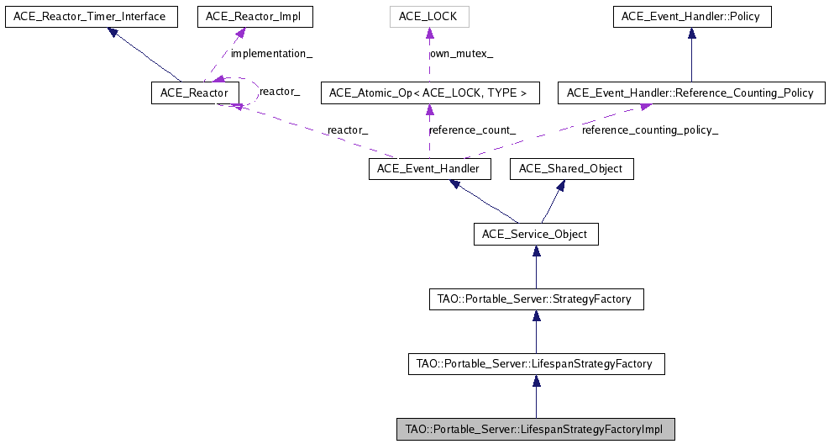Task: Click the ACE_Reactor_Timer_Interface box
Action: point(92,16)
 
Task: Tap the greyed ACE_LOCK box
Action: point(429,16)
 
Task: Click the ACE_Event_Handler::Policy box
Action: point(691,16)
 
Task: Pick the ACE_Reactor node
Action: point(189,92)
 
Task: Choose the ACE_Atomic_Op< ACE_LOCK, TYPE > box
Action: point(429,92)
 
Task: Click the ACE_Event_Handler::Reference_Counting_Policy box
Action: point(691,92)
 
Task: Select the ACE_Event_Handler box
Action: point(428,169)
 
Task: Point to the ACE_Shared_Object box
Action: point(571,169)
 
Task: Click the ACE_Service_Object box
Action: point(536,234)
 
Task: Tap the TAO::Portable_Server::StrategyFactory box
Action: point(536,299)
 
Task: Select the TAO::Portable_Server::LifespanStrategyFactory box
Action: point(536,364)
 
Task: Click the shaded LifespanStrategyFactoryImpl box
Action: point(536,430)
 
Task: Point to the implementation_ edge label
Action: point(271,54)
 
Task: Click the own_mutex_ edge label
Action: point(461,54)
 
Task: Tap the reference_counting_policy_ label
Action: point(650,130)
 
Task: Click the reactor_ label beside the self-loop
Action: point(280,91)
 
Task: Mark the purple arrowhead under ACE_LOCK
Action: point(429,34)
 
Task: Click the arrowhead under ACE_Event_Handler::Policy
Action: point(691,34)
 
